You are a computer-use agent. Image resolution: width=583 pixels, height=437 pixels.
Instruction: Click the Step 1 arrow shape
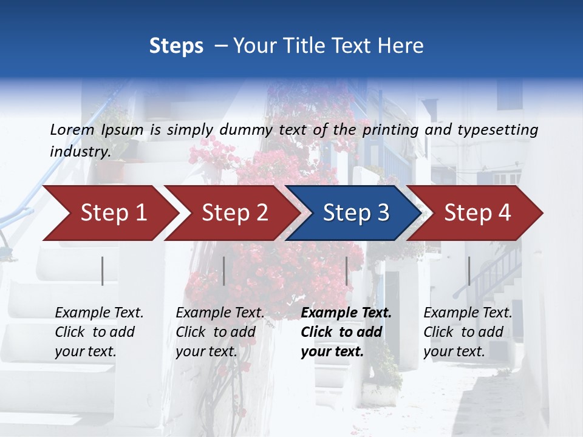pos(109,213)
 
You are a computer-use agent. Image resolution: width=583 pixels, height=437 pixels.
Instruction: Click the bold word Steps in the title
pos(176,46)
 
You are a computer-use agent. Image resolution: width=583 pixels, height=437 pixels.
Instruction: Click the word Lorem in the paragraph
pos(72,129)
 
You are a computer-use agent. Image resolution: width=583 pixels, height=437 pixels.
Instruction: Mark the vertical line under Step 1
pos(103,271)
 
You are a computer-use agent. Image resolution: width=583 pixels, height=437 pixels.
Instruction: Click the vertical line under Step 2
pos(224,271)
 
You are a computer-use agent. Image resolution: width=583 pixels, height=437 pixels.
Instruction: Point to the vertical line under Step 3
pos(347,271)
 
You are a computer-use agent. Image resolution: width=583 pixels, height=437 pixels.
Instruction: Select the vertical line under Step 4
pos(469,271)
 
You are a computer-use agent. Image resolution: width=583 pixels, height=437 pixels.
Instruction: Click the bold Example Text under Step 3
pos(346,313)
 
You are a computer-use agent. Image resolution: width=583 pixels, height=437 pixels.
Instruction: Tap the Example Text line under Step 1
pos(99,313)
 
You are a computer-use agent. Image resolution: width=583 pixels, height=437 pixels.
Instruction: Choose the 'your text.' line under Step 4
pos(454,351)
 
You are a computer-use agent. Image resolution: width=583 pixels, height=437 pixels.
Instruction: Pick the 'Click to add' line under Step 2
pos(216,333)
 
